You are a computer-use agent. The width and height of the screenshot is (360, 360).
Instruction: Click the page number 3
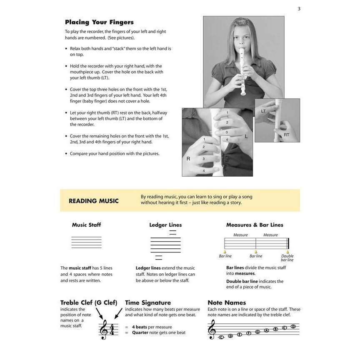[299, 9]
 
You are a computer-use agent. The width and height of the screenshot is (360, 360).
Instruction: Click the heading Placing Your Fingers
[99, 22]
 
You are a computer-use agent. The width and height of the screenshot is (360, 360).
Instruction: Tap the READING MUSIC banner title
[94, 201]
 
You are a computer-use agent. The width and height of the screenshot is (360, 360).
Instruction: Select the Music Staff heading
[86, 225]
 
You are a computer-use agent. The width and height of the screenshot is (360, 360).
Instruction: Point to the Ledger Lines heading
[165, 225]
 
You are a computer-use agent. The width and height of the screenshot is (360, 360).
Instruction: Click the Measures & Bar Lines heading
[255, 225]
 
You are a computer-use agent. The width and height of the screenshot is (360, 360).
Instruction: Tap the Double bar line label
[287, 258]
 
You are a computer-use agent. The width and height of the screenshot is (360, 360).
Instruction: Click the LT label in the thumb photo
[263, 112]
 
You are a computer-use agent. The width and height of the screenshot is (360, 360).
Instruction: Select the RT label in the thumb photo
[286, 135]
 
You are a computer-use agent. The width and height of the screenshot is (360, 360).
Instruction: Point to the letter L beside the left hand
[246, 137]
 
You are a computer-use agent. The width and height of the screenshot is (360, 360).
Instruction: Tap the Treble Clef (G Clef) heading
[89, 303]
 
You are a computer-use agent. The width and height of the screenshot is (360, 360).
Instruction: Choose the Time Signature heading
[148, 303]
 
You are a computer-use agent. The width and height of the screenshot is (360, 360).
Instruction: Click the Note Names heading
[227, 303]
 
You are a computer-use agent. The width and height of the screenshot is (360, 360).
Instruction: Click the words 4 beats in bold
[141, 327]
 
